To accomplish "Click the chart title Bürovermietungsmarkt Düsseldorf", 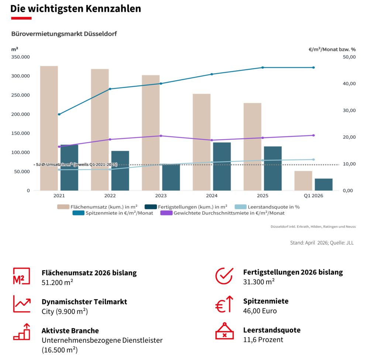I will coord(64,34).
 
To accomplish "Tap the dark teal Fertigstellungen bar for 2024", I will coord(222,166).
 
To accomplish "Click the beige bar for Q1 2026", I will coord(303,181).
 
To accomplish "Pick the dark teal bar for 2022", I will coord(120,170).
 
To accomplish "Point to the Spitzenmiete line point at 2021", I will coord(59,114).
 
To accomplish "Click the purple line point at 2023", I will coord(161,136).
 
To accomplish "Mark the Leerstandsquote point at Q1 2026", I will coord(313,160).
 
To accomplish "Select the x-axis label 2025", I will coord(262,196).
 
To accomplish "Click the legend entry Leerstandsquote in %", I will coord(274,207).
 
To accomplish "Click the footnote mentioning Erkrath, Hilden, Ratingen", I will coord(313,227).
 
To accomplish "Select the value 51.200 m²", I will coord(57,282).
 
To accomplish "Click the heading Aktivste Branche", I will coord(70,330).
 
